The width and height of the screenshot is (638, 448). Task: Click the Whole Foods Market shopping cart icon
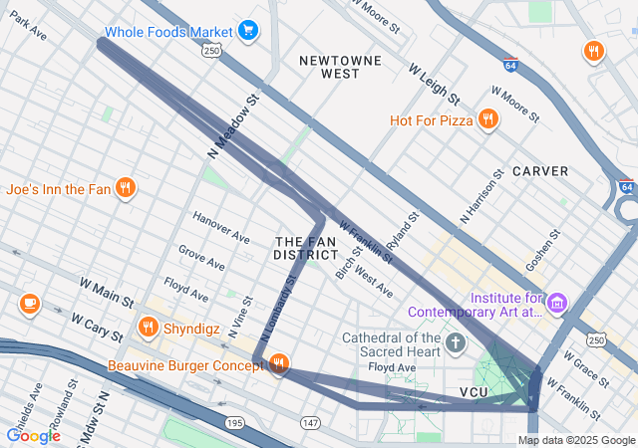click(x=248, y=32)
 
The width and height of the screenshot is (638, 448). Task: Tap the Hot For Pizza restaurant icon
click(x=487, y=120)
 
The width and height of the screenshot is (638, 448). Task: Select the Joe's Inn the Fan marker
click(x=125, y=188)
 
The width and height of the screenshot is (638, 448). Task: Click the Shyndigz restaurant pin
click(x=149, y=326)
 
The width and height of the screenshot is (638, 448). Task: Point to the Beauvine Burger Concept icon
click(x=279, y=364)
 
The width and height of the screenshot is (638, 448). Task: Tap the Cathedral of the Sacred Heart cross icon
click(x=456, y=344)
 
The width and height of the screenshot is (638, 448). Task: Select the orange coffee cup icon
click(x=29, y=303)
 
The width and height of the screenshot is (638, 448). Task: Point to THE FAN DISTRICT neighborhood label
click(x=306, y=248)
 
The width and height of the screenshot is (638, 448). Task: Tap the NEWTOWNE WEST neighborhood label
click(x=328, y=67)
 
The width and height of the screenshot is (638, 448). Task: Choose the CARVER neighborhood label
click(x=540, y=171)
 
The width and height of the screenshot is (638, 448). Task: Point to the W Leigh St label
click(x=434, y=85)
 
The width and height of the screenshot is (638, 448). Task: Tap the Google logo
click(x=33, y=435)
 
